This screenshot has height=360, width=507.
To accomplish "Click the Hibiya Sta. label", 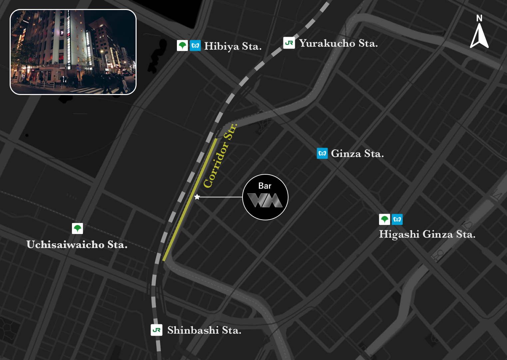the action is pyautogui.click(x=233, y=46).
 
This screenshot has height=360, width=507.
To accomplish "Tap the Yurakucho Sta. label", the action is pyautogui.click(x=338, y=43).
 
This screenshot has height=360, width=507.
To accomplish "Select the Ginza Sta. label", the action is pyautogui.click(x=357, y=154).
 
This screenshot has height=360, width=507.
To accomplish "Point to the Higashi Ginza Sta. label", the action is pyautogui.click(x=427, y=234).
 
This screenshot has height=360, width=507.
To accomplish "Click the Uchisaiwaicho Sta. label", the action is pyautogui.click(x=77, y=245).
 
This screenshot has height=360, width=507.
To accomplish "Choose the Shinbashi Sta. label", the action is pyautogui.click(x=204, y=330).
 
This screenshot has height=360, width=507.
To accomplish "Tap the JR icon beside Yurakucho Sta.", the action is pyautogui.click(x=289, y=43).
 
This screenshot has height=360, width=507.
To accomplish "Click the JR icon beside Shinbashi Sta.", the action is pyautogui.click(x=157, y=330).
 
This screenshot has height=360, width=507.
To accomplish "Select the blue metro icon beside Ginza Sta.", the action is pyautogui.click(x=322, y=153).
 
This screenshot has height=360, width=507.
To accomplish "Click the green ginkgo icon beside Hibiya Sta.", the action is pyautogui.click(x=182, y=45).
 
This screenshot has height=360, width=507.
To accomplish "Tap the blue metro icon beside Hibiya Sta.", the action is pyautogui.click(x=195, y=45).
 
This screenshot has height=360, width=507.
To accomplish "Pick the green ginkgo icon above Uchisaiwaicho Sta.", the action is pyautogui.click(x=77, y=229).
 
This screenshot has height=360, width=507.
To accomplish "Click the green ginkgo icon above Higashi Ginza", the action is pyautogui.click(x=384, y=219).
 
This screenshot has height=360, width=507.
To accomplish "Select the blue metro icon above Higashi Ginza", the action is pyautogui.click(x=397, y=219).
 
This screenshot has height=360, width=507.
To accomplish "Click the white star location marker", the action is pyautogui.click(x=197, y=197).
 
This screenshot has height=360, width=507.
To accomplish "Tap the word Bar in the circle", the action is pyautogui.click(x=265, y=186).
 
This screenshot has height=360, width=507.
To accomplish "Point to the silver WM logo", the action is pyautogui.click(x=265, y=200).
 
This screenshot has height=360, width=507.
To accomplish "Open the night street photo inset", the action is pyautogui.click(x=73, y=52).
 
